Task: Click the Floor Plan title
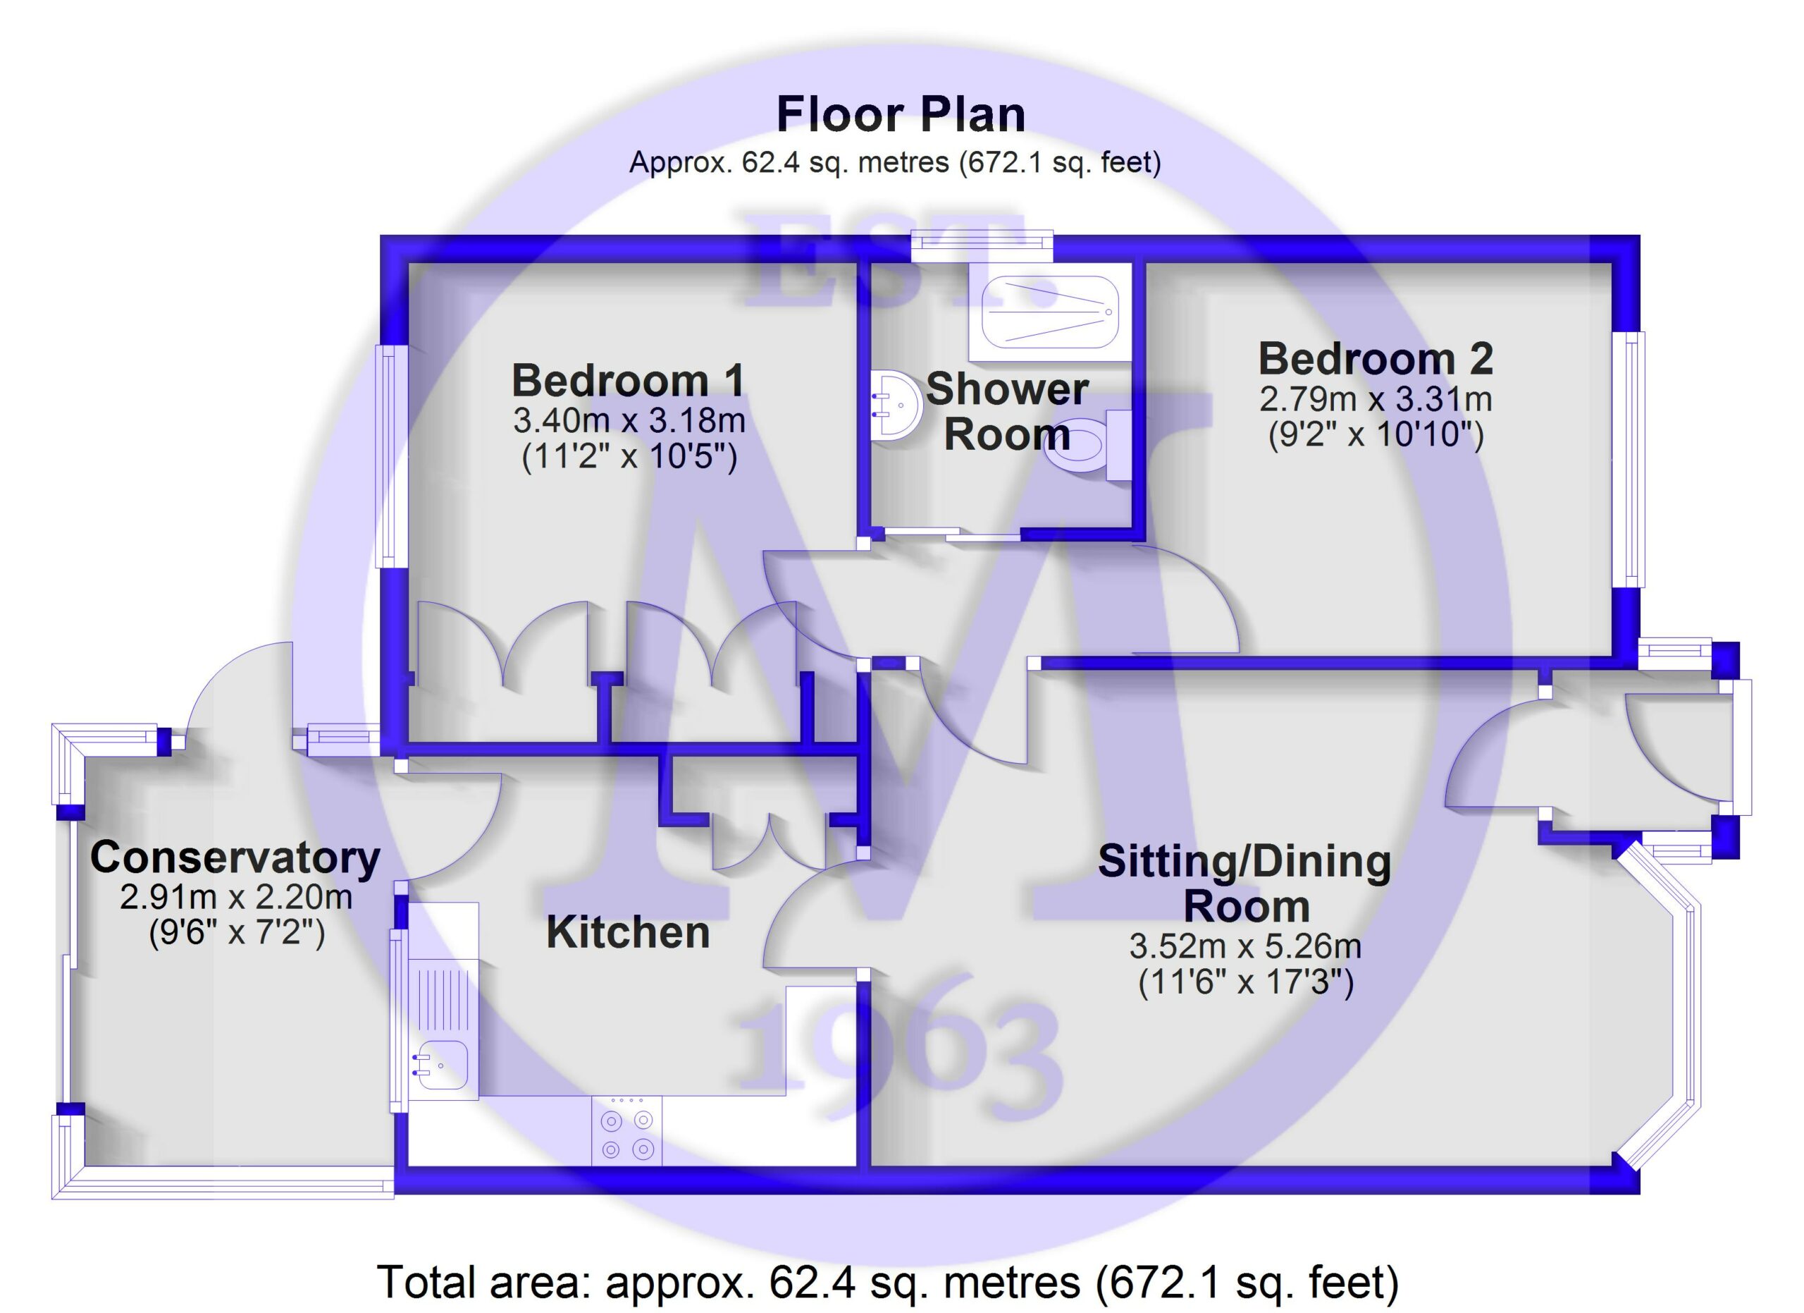[901, 115]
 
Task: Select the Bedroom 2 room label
[1376, 359]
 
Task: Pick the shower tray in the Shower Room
[1050, 312]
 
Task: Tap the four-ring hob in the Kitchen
[626, 1132]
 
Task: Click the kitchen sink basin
[443, 1065]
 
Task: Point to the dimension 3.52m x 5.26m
[1246, 946]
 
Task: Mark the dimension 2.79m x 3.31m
[1376, 398]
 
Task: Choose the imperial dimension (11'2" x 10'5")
[629, 457]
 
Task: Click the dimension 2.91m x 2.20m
[235, 897]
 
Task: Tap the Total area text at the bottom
[888, 1282]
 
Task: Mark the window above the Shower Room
[982, 247]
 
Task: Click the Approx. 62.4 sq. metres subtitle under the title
[896, 162]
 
